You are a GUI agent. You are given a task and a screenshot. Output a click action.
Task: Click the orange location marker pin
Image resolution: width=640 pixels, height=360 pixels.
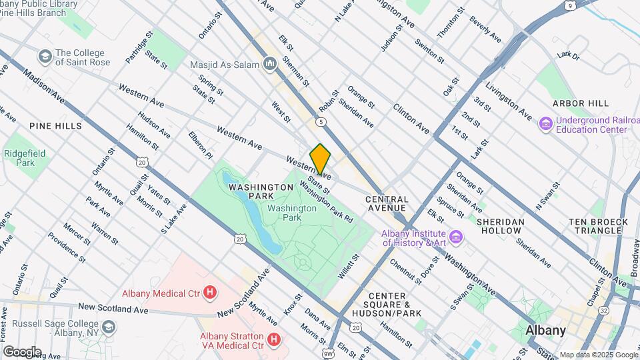point(320,159)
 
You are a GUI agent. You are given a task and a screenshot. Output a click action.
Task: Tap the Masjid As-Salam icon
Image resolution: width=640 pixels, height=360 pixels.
point(270,64)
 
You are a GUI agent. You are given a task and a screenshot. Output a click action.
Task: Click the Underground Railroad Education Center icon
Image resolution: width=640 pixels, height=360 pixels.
point(545,124)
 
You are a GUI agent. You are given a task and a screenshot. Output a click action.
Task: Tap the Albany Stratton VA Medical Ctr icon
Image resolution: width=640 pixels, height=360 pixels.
point(273,340)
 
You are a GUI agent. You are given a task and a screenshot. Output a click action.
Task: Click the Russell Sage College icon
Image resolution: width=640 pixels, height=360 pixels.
point(109,327)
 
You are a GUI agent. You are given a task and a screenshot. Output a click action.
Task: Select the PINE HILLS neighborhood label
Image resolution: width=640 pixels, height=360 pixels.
point(55,125)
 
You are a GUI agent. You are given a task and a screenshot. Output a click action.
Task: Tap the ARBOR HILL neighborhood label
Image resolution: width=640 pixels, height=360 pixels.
point(581,103)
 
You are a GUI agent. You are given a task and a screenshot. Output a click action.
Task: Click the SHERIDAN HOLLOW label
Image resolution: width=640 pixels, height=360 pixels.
point(495,225)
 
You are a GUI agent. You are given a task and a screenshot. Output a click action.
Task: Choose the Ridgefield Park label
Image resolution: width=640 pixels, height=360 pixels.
point(25,158)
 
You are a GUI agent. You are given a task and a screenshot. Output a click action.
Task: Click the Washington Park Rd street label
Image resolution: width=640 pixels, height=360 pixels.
point(326,199)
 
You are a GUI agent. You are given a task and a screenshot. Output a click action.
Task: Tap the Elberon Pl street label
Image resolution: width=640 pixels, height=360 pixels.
point(199,145)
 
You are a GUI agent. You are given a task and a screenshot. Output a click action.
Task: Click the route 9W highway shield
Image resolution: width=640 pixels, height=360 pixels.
point(328,353)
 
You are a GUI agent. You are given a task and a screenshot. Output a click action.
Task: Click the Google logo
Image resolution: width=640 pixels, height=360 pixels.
point(22,351)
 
